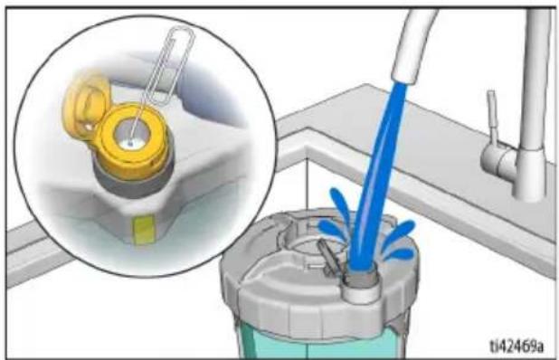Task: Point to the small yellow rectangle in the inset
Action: (x=144, y=230)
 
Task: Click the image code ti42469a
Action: (x=516, y=346)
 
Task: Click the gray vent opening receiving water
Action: (x=362, y=278)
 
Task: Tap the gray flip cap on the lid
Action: (x=327, y=258)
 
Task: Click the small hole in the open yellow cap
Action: (x=87, y=126)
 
